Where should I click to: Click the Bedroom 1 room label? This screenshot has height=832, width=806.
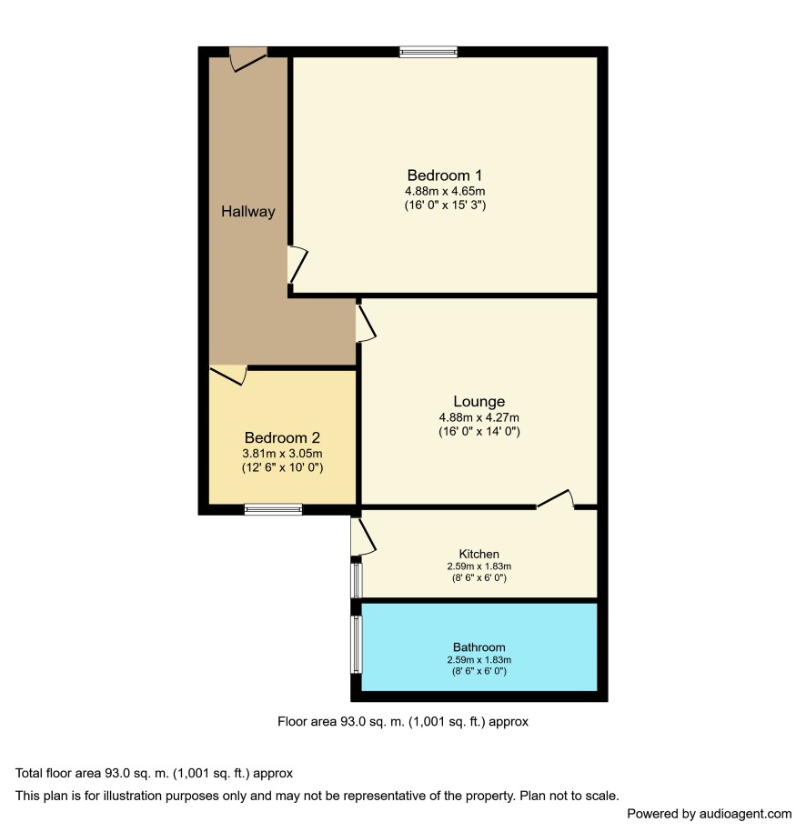pyautogui.click(x=445, y=175)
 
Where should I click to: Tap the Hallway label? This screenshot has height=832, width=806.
pyautogui.click(x=248, y=212)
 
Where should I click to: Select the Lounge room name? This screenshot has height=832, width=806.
pyautogui.click(x=479, y=401)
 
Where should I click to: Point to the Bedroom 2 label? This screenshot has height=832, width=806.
pyautogui.click(x=282, y=437)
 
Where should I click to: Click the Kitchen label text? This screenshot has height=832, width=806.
pyautogui.click(x=479, y=554)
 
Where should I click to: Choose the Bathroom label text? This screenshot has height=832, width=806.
pyautogui.click(x=479, y=647)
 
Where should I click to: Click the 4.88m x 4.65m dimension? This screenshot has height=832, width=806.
pyautogui.click(x=445, y=191)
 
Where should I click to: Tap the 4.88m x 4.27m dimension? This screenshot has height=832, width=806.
pyautogui.click(x=479, y=417)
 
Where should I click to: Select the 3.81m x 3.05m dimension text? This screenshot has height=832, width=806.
pyautogui.click(x=282, y=454)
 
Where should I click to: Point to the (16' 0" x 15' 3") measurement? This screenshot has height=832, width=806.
pyautogui.click(x=445, y=205)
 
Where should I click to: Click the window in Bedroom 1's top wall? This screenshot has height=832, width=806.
pyautogui.click(x=428, y=52)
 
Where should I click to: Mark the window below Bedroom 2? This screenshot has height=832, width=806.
pyautogui.click(x=274, y=509)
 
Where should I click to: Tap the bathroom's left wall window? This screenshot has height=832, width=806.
pyautogui.click(x=357, y=644)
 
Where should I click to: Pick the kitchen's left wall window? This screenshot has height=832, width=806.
pyautogui.click(x=357, y=580)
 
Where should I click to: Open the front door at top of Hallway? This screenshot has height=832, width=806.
pyautogui.click(x=248, y=59)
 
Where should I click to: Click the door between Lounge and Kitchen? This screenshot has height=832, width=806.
pyautogui.click(x=556, y=499)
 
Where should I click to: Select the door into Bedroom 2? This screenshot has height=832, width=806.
pyautogui.click(x=228, y=376)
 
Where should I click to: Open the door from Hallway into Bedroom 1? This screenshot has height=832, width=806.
pyautogui.click(x=297, y=265)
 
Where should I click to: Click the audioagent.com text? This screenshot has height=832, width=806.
pyautogui.click(x=745, y=814)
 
